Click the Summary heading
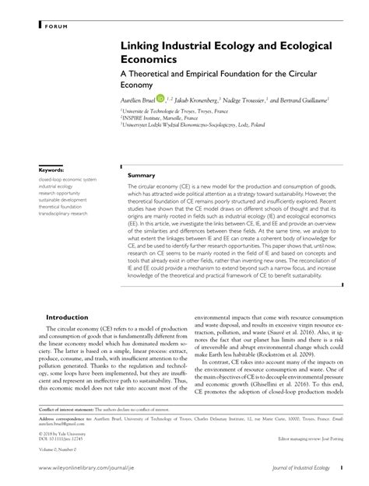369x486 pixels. (142, 174)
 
